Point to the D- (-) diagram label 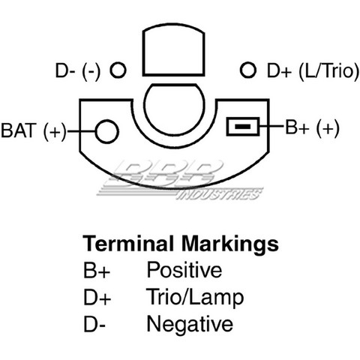[x=78, y=71]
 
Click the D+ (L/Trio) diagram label [x=313, y=71]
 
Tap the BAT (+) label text [x=34, y=130]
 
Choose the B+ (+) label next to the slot [x=313, y=127]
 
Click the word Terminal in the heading [x=128, y=243]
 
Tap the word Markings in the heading [x=230, y=245]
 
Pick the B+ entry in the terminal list [x=97, y=270]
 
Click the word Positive [x=184, y=269]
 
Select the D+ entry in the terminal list [x=97, y=297]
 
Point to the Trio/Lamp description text [x=195, y=297]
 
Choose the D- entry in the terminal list [x=94, y=324]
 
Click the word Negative [x=190, y=324]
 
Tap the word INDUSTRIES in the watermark [x=220, y=194]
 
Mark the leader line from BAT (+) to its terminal [x=81, y=131]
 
